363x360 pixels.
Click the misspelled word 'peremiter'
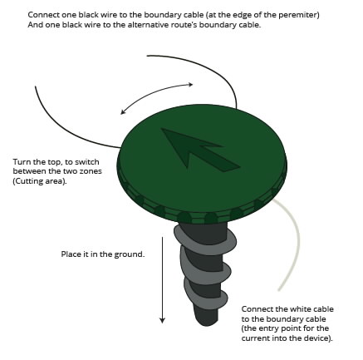coord(297,15)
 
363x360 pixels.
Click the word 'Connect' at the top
coord(42,15)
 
